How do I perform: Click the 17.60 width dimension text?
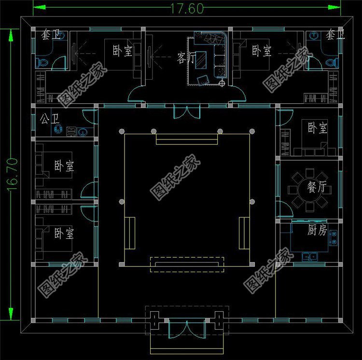[186, 8]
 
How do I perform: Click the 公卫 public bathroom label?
[50, 119]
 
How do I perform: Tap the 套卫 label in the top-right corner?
[335, 35]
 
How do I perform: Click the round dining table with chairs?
[311, 188]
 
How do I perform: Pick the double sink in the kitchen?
[309, 256]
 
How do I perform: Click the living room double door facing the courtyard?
[186, 110]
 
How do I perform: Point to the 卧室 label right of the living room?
[261, 51]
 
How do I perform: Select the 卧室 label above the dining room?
[317, 128]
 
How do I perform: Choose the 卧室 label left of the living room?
[123, 51]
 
